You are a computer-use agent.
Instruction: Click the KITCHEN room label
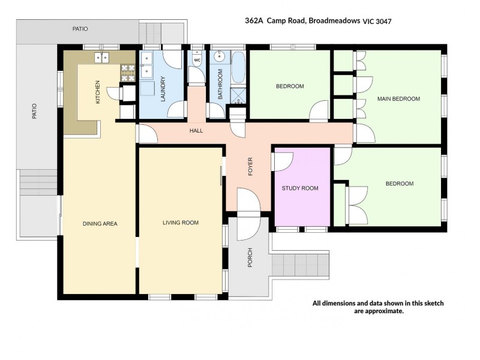(98, 92)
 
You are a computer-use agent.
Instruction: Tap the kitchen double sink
(101, 58)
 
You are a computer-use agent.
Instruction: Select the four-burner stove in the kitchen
(128, 73)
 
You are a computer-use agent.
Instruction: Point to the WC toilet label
(197, 60)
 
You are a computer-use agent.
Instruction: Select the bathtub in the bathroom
(238, 68)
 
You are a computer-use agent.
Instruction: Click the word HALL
(196, 130)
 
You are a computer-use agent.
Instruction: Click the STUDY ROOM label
(300, 188)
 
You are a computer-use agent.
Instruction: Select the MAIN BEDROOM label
(398, 98)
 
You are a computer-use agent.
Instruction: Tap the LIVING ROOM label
(180, 223)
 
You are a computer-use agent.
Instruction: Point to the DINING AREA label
(100, 224)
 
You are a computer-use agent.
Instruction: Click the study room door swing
(283, 162)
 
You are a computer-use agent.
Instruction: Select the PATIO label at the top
(80, 28)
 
